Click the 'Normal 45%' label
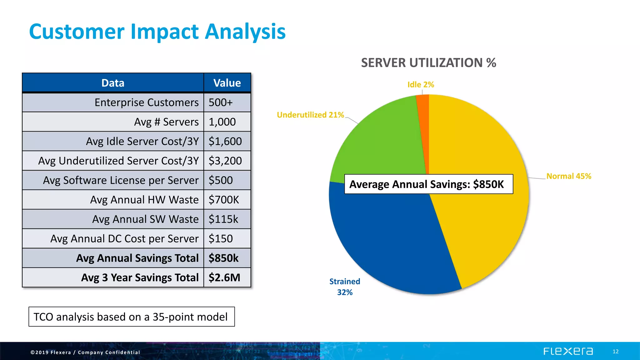(x=569, y=176)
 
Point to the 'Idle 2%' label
(x=421, y=85)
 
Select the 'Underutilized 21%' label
(x=310, y=115)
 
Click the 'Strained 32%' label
(x=345, y=287)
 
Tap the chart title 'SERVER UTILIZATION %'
(x=428, y=63)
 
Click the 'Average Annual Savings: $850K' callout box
(x=428, y=184)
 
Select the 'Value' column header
(x=227, y=83)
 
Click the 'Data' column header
(x=113, y=83)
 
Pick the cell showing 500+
(x=227, y=102)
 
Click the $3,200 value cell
(x=227, y=161)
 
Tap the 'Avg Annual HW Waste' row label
(x=144, y=200)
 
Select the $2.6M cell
(x=227, y=277)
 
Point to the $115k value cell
(x=227, y=219)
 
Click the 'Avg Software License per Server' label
(x=121, y=180)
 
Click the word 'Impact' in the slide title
(x=164, y=32)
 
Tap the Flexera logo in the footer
(x=568, y=351)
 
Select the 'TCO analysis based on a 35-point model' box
(x=132, y=317)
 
